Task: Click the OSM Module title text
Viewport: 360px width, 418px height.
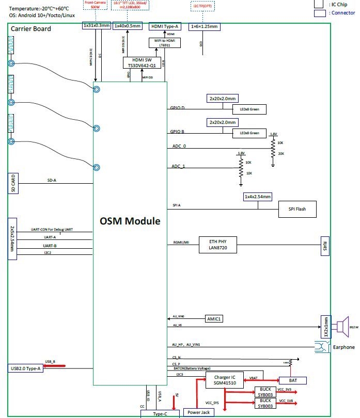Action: [x=130, y=221]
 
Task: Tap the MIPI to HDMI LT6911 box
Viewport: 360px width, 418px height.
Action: [x=165, y=43]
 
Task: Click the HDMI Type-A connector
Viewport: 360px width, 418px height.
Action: [x=165, y=26]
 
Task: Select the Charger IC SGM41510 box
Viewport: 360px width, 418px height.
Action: [x=225, y=381]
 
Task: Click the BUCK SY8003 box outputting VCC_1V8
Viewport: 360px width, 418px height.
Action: [x=265, y=403]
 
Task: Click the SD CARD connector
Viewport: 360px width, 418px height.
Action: [x=13, y=183]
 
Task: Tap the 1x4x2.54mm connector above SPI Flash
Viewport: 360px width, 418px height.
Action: [x=257, y=197]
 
